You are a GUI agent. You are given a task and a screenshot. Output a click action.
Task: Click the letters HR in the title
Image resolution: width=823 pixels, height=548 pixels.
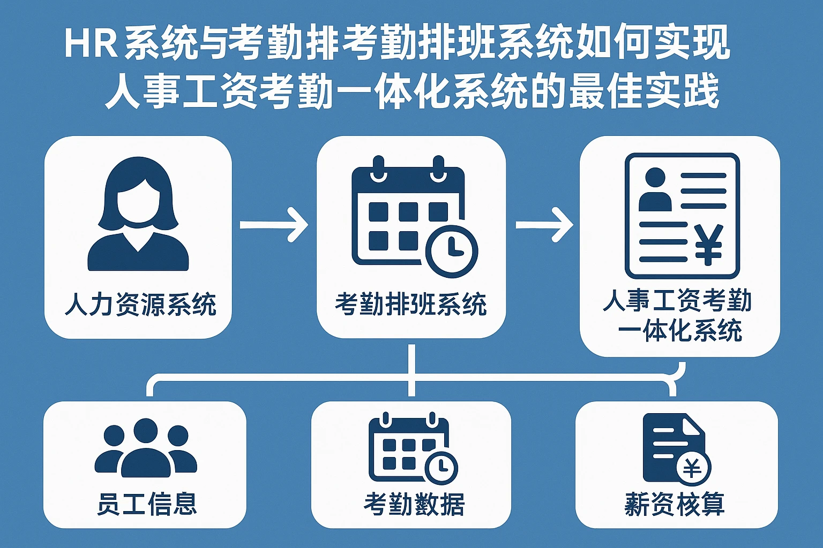point(91,44)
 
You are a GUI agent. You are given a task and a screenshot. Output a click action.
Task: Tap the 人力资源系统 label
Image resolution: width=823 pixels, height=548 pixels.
point(140,305)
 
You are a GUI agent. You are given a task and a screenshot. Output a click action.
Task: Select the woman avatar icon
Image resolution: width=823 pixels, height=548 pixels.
point(138,214)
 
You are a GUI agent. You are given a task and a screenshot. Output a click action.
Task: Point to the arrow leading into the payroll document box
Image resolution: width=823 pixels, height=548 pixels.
point(543,224)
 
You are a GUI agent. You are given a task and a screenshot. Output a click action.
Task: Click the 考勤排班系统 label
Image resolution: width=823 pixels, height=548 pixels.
point(410,305)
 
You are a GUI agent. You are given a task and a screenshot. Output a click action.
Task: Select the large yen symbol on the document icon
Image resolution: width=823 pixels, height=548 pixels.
point(708,244)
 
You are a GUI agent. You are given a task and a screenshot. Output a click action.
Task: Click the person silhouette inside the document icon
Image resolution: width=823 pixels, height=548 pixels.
point(655,189)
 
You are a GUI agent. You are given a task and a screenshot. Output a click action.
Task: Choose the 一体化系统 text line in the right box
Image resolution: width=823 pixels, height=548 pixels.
point(679,331)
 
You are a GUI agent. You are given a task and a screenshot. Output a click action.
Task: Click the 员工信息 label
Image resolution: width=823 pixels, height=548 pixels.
point(146,504)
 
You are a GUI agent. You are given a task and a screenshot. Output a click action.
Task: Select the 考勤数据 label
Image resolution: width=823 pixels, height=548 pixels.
point(414,504)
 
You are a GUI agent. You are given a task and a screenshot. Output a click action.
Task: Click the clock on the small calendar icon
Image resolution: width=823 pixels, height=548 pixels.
point(441,467)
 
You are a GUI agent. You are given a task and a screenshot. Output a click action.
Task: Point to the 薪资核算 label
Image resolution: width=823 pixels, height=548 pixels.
point(675,504)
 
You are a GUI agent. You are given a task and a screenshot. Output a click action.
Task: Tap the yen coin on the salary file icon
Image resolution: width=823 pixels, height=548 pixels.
point(693,468)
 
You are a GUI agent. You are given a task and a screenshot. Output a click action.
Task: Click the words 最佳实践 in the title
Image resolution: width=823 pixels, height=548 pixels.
point(644,92)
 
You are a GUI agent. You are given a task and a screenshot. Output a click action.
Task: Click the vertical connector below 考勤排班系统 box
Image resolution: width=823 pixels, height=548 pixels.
point(411,369)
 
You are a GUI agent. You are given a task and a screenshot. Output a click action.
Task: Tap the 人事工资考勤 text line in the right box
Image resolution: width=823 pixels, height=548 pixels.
point(677,301)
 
